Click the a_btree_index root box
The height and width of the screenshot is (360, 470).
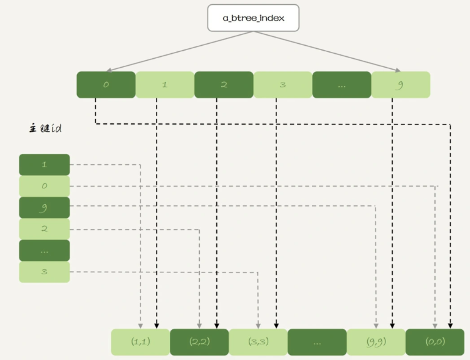point(253,18)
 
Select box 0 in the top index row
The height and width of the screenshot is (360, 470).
point(106,85)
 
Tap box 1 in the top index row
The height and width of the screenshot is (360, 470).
point(165,85)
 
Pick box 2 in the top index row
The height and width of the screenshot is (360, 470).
point(224,85)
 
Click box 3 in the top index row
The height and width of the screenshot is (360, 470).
point(283,85)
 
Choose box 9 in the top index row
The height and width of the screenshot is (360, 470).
point(400,85)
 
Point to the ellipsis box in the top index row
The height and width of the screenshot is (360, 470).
point(342,85)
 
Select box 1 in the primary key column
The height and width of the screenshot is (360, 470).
point(44,165)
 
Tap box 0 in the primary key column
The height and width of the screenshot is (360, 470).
point(44,186)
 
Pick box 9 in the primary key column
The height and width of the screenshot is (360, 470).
point(44,207)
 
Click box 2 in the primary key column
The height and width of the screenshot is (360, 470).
point(44,229)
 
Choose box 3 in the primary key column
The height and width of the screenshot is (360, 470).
point(44,272)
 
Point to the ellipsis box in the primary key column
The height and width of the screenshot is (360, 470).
point(44,250)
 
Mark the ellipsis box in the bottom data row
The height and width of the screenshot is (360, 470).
point(316,342)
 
